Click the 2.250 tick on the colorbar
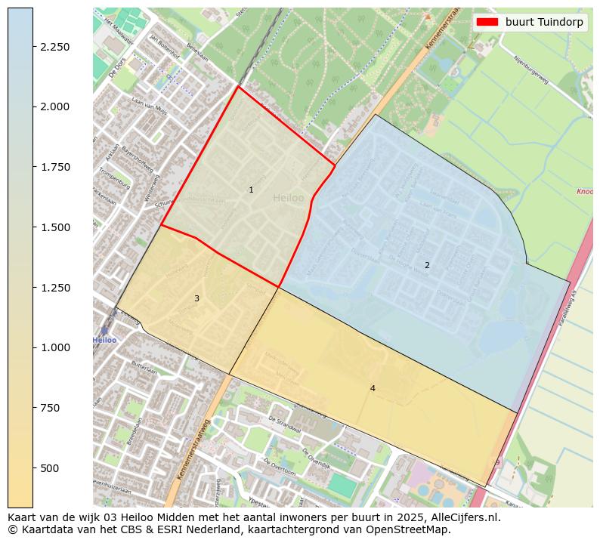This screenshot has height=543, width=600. point(54,47)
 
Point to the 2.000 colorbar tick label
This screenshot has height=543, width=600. point(54,106)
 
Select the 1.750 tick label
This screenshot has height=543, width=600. point(54,167)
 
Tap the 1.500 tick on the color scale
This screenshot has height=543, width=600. point(54,227)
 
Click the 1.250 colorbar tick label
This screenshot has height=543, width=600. point(54,288)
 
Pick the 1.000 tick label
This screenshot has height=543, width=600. point(54,347)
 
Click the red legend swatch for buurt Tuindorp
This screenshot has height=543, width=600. point(488,23)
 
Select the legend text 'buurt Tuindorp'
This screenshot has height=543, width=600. point(544,23)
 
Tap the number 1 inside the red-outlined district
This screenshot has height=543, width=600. point(251,190)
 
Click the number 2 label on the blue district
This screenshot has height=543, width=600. point(427,265)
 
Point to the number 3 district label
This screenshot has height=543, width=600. point(196,298)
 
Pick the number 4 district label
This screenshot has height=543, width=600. point(373,388)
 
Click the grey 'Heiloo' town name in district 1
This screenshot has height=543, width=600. point(289,198)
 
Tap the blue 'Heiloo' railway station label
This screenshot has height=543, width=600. point(105,340)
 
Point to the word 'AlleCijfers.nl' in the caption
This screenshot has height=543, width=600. point(463,518)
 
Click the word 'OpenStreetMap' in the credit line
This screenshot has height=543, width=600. point(413,529)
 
